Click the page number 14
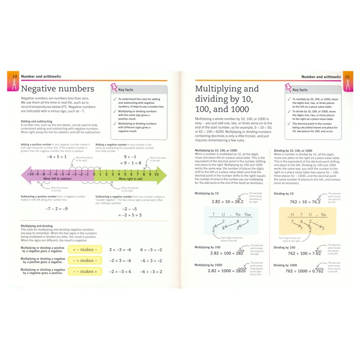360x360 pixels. click(14, 76)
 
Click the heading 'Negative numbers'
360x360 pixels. click(58, 89)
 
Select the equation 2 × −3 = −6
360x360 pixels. click(120, 250)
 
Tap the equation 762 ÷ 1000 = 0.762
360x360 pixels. click(304, 271)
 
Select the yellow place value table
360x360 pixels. click(308, 221)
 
